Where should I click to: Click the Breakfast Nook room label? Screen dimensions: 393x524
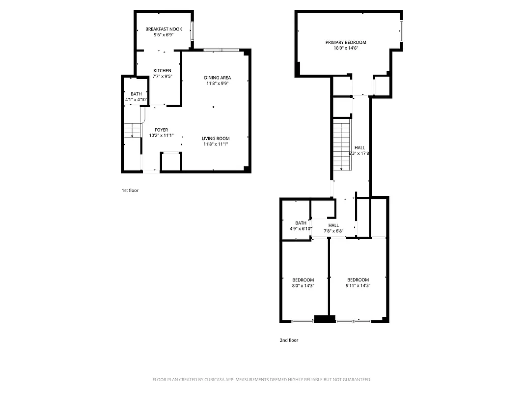point(164,29)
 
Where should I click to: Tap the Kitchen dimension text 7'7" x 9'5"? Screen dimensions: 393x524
point(162,77)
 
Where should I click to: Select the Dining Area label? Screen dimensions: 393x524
point(218,78)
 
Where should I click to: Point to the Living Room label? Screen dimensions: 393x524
point(216,138)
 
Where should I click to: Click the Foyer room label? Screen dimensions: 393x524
point(162,130)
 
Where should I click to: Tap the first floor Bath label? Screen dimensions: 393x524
point(136,94)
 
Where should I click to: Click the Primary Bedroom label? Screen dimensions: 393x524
point(346,42)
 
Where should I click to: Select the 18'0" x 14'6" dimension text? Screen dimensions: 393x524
point(346,48)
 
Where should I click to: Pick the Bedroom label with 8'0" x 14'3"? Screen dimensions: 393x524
point(303,280)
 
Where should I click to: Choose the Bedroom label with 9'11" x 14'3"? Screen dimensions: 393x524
point(358,280)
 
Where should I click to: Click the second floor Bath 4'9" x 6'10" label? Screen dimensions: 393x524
point(301,223)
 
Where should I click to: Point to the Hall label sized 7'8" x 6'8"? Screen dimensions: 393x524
point(333,225)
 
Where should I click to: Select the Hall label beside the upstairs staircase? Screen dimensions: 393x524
point(359,147)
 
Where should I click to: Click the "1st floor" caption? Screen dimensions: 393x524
point(130,191)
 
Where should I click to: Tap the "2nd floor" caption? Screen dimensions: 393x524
point(289,340)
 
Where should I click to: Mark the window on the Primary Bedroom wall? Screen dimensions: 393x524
point(401,31)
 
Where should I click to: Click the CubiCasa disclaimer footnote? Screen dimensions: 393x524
point(262,380)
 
